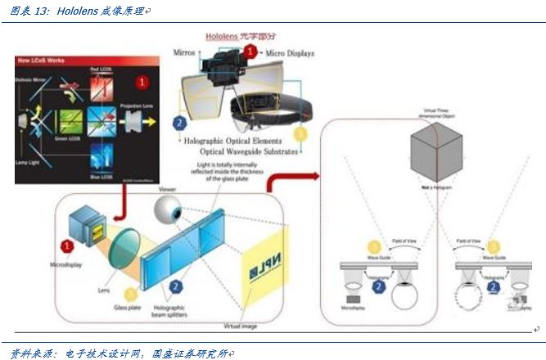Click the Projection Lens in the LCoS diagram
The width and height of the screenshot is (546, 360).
pyautogui.click(x=133, y=121)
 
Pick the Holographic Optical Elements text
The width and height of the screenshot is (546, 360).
pyautogui.click(x=241, y=142)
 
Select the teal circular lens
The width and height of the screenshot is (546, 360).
pyautogui.click(x=123, y=249)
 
